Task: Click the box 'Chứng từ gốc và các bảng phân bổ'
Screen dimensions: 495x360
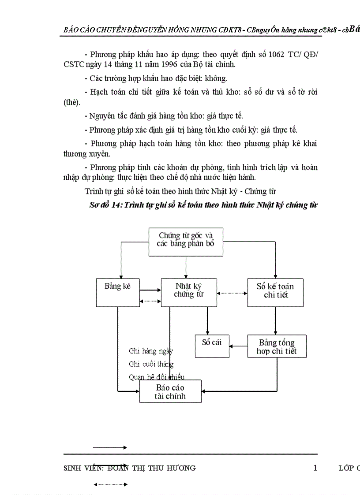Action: pos(186,242)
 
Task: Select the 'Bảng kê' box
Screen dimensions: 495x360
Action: pos(118,292)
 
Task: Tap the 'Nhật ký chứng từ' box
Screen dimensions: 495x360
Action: pos(189,292)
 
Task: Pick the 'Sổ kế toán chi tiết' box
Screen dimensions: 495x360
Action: pos(275,292)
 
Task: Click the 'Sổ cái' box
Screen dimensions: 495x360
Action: pos(212,346)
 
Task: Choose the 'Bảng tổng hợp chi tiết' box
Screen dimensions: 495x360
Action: pos(277,346)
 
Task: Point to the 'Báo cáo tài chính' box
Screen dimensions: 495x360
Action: pos(170,391)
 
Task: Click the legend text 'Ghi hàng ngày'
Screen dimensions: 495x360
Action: pos(150,351)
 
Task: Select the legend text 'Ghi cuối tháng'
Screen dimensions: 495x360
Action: pos(151,364)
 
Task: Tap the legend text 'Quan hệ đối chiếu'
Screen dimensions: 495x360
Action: pos(156,377)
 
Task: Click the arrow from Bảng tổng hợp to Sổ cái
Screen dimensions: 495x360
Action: pos(238,346)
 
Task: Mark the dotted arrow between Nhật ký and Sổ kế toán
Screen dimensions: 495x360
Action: pos(232,293)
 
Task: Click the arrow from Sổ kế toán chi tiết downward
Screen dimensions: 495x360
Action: pos(275,320)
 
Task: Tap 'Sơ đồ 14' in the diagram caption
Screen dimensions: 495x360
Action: pos(105,205)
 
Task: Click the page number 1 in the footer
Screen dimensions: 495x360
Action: pos(315,468)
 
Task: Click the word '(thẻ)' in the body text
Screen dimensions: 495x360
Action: pos(72,102)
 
